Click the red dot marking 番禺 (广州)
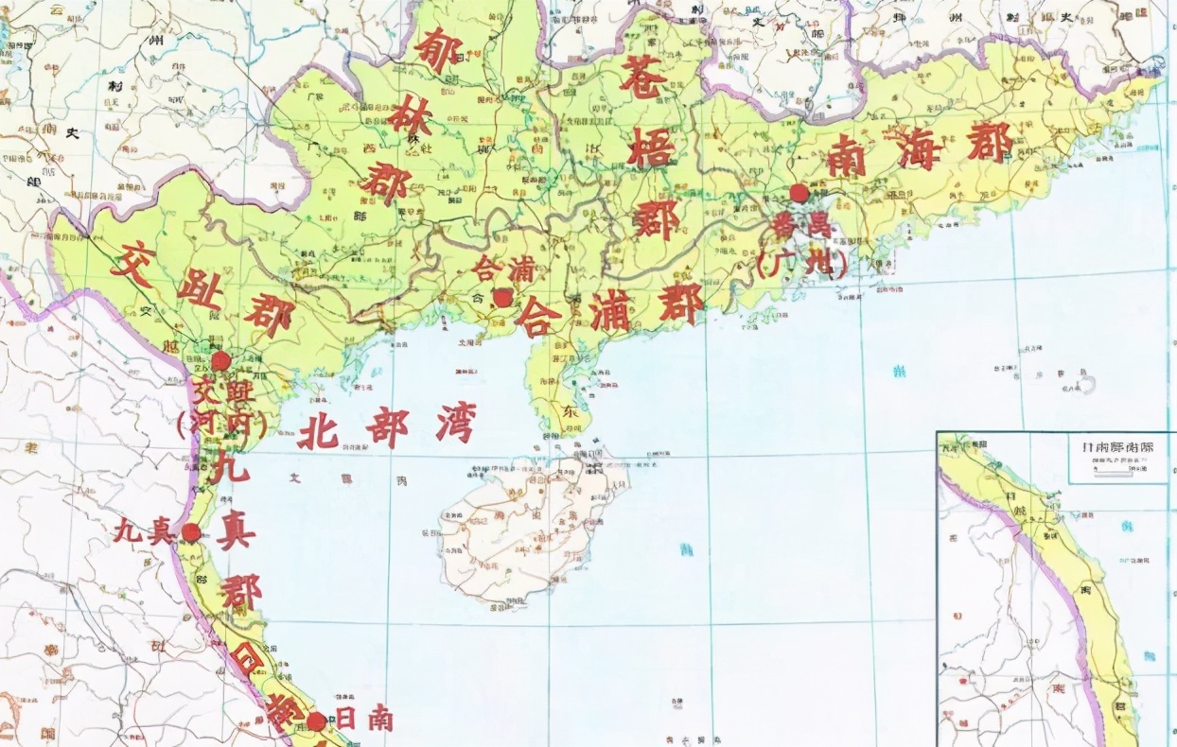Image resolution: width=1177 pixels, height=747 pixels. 799,193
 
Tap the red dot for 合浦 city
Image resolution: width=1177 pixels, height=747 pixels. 502,298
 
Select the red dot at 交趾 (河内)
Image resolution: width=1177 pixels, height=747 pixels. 220,361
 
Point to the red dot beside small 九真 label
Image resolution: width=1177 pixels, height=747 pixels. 191,532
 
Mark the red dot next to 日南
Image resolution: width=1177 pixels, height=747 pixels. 316,721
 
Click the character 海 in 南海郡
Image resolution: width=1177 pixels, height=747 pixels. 919,150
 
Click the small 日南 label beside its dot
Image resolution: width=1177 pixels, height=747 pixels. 364,721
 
